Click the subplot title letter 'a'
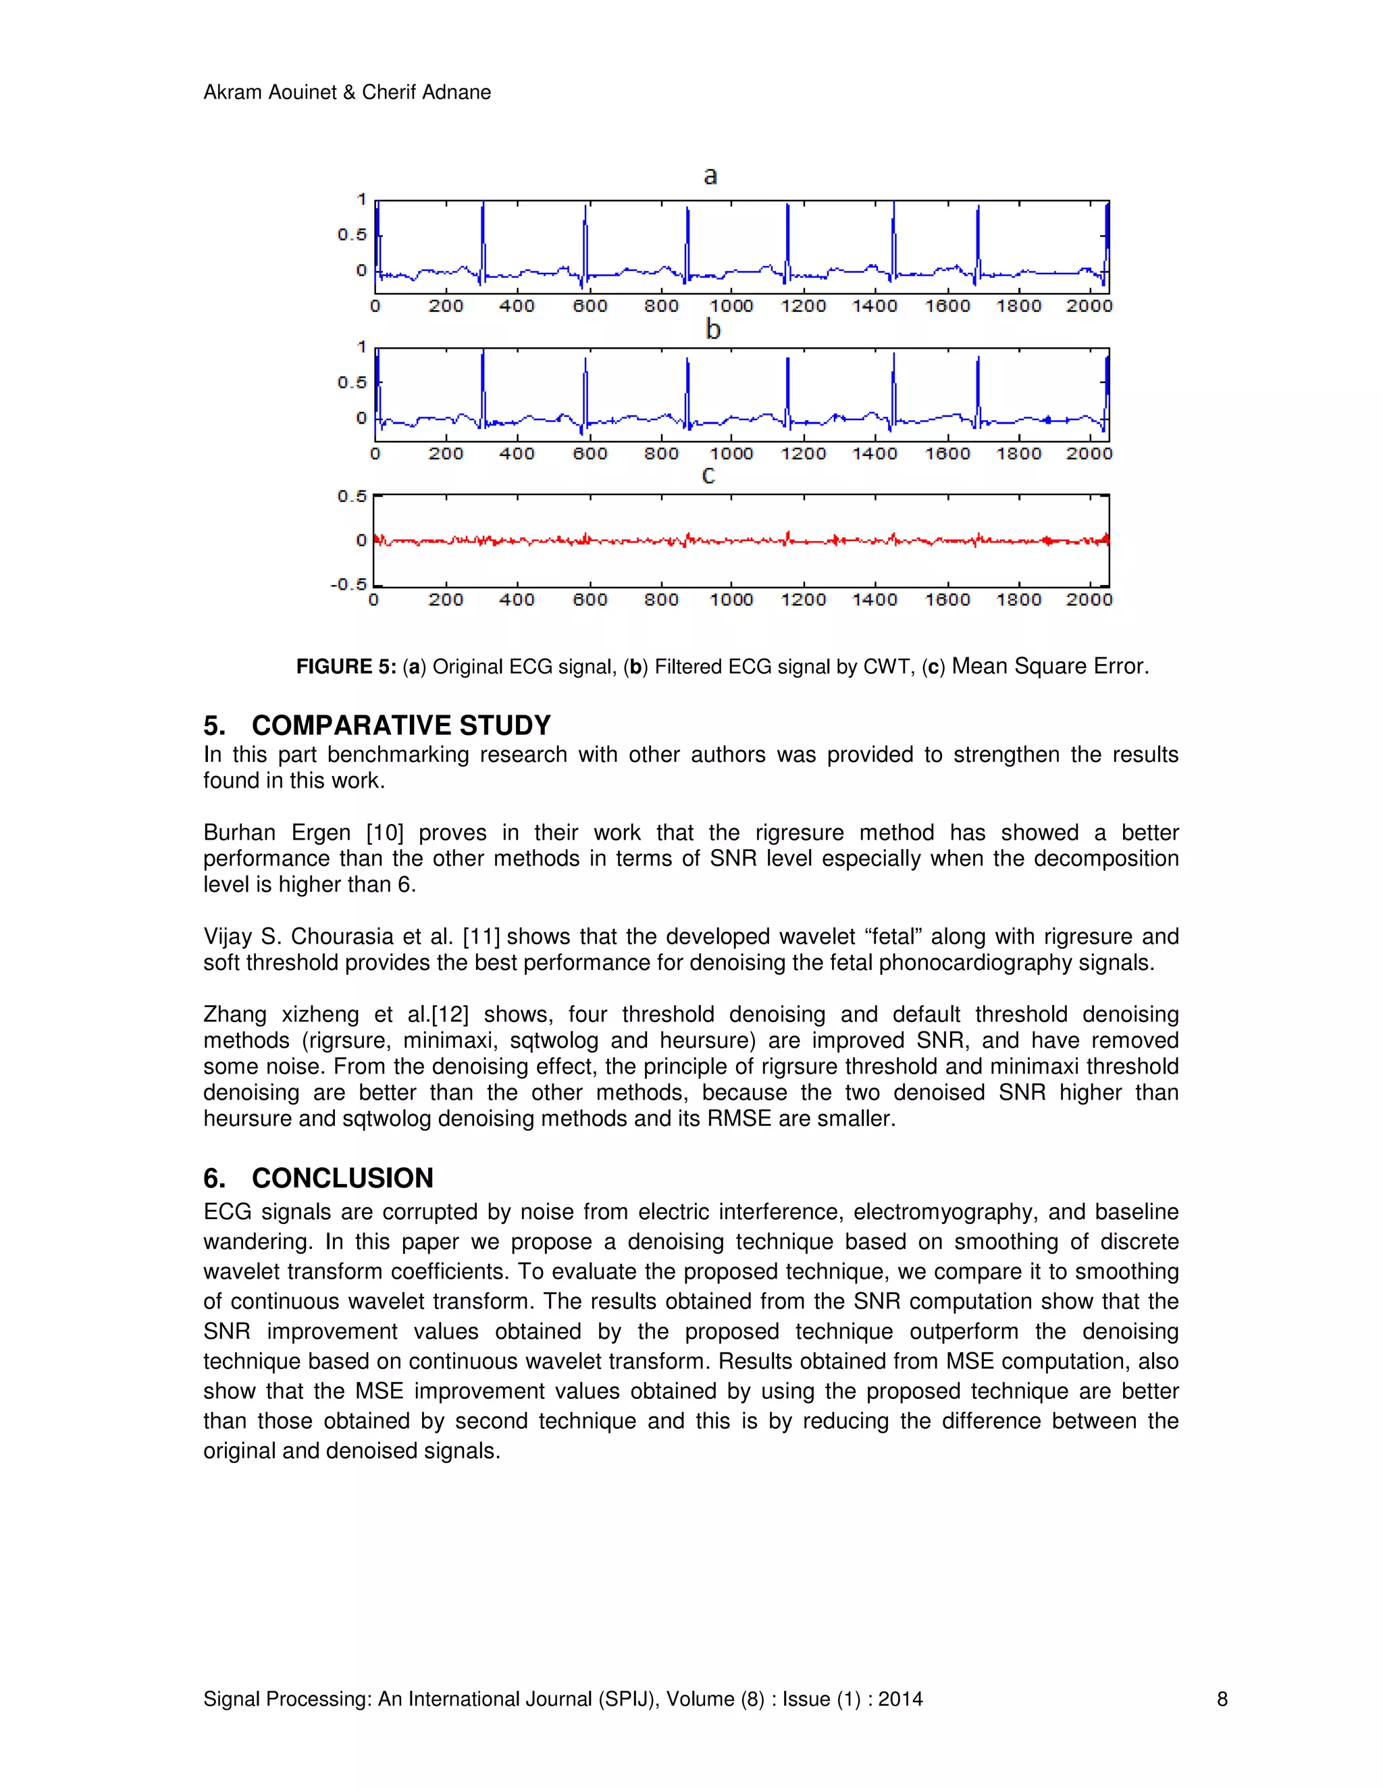pos(710,176)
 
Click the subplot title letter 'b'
pos(713,330)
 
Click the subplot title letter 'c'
pos(708,476)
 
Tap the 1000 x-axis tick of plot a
pos(731,307)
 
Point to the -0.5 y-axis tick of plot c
pos(348,584)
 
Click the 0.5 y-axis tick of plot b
pos(353,383)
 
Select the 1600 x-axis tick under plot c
pos(947,600)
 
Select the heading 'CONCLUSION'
pos(342,1178)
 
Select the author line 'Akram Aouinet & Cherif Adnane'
pos(346,93)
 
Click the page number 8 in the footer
pos(1222,1699)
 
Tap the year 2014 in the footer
pos(899,1699)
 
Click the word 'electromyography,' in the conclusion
pos(945,1212)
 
